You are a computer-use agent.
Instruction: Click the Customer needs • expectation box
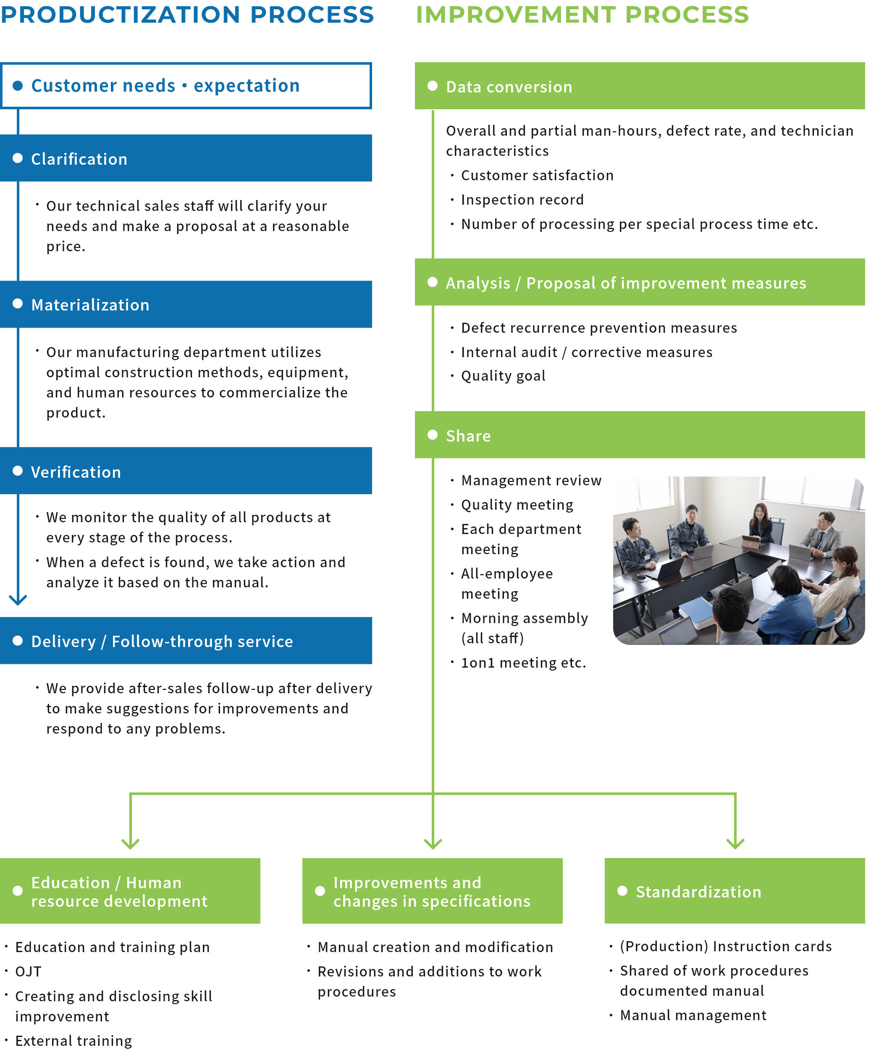[x=186, y=85]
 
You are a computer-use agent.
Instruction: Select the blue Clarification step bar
[x=186, y=158]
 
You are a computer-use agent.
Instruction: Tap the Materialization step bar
[x=186, y=305]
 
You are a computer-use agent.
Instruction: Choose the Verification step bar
[x=186, y=471]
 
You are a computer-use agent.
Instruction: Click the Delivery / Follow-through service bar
[x=186, y=641]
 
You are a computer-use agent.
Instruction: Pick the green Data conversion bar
[x=639, y=86]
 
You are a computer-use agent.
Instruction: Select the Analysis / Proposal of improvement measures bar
[x=639, y=282]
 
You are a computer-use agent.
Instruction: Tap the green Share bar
[x=639, y=435]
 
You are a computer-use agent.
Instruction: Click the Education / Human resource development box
[x=130, y=891]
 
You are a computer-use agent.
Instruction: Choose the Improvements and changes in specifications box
[x=432, y=891]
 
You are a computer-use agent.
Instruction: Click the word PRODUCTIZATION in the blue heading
[x=121, y=15]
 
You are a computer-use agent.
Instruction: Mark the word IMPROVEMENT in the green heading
[x=515, y=15]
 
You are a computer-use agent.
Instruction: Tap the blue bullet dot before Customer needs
[x=18, y=85]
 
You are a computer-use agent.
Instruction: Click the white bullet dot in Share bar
[x=432, y=435]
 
